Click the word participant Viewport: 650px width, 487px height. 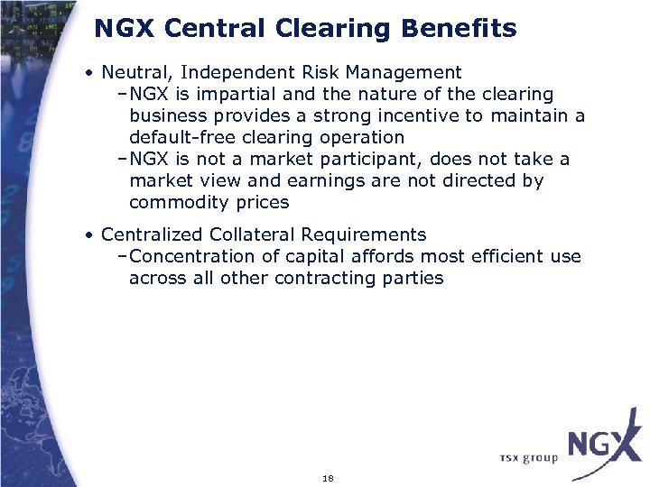click(375, 160)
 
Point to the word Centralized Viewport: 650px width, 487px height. click(153, 235)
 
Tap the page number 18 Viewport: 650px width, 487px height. click(328, 478)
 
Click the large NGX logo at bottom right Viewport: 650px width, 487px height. click(601, 446)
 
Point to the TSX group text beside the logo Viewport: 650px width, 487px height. click(529, 458)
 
